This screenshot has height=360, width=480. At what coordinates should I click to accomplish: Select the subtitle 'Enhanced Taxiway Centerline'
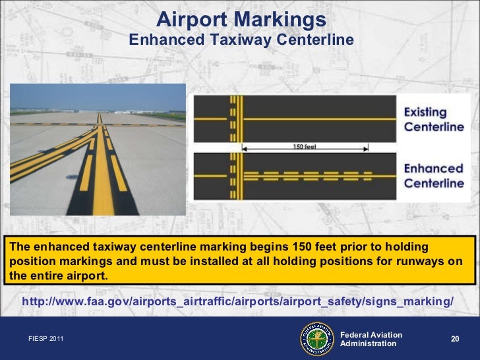click(241, 41)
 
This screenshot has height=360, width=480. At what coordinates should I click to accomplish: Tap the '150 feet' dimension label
click(304, 146)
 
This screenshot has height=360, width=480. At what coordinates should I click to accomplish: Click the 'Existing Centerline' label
click(434, 119)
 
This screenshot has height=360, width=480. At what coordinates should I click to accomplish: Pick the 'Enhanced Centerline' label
click(434, 175)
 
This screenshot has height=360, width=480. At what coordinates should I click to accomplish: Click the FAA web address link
click(238, 301)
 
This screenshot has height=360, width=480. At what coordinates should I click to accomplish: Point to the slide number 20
click(454, 338)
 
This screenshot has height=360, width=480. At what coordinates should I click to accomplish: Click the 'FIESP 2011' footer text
click(47, 339)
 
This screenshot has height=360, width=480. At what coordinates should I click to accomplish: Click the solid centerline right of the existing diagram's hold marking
click(316, 119)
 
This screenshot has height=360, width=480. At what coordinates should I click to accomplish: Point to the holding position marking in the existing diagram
click(233, 119)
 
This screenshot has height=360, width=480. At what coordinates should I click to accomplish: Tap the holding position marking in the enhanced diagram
click(233, 175)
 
